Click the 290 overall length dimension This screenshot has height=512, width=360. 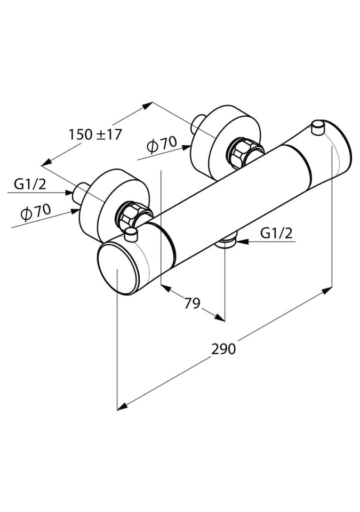[223, 349]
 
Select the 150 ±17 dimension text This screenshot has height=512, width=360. [95, 134]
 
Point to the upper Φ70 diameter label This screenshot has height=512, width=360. [161, 144]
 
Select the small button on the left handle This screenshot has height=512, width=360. [132, 233]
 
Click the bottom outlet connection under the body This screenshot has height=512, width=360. [227, 243]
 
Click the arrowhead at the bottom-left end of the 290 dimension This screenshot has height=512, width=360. [122, 407]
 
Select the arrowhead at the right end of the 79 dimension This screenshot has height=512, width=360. [220, 318]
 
